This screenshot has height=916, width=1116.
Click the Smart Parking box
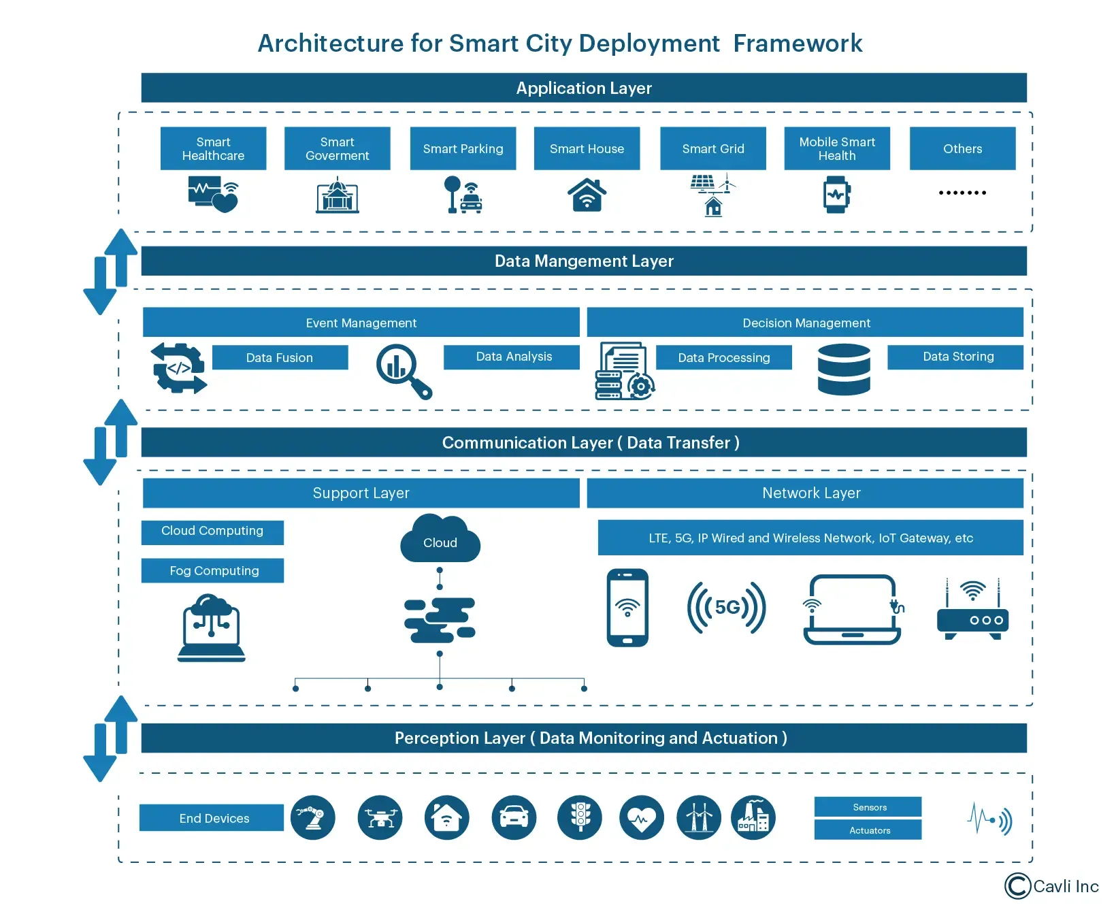point(463,148)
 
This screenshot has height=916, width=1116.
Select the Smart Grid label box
point(712,148)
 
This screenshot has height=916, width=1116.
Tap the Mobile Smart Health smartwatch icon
point(836,195)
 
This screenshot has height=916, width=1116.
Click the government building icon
point(337,196)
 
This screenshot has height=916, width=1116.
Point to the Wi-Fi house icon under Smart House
point(587,195)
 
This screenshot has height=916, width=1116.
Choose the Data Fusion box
point(280,357)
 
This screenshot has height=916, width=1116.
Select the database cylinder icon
point(844,370)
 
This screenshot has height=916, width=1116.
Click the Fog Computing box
point(213,570)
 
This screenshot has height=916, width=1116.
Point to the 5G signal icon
point(726,607)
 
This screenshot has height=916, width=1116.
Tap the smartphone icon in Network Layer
point(627,607)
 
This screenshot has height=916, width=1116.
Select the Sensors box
point(868,807)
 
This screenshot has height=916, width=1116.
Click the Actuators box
point(868,830)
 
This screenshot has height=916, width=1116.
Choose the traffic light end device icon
point(580,817)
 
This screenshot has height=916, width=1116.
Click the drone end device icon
point(380,817)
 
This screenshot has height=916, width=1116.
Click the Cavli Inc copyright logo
point(1051,886)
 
